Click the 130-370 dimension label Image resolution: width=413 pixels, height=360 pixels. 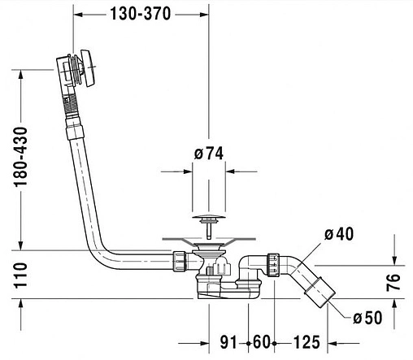[x=141, y=14]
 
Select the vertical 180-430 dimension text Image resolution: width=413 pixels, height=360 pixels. [x=21, y=157]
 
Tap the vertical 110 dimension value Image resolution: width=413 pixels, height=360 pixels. [x=21, y=275]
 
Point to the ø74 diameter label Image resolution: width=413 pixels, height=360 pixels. [x=209, y=154]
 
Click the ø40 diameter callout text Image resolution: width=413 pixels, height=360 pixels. [x=339, y=234]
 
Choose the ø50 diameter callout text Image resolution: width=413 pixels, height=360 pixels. [x=367, y=318]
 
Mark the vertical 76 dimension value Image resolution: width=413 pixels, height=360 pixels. [x=393, y=282]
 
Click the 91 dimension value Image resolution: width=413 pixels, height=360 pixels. [x=228, y=342]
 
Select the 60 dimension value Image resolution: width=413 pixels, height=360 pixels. [x=261, y=342]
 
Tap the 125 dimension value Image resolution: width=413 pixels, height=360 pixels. [x=306, y=342]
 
